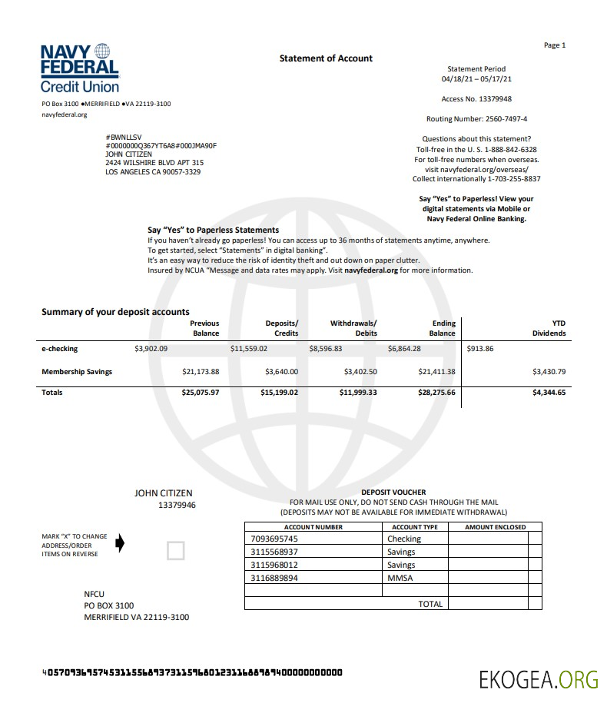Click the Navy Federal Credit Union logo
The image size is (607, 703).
[80, 68]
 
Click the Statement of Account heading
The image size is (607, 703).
[326, 58]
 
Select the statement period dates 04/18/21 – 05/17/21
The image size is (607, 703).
[476, 79]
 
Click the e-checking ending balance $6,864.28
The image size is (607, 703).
[404, 349]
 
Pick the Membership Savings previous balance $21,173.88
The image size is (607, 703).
[201, 372]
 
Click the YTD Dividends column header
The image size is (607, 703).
[549, 328]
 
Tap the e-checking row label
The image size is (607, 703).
[60, 349]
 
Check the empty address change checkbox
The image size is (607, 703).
[176, 550]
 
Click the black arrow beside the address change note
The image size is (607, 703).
[119, 544]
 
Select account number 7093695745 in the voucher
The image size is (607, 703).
[274, 539]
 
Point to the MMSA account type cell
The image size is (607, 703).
[400, 578]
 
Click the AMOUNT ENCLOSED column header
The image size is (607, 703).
[496, 527]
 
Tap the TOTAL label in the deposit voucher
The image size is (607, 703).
[430, 604]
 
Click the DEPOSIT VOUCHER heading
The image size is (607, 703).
[393, 492]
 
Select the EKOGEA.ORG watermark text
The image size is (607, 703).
[538, 679]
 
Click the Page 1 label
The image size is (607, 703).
[554, 45]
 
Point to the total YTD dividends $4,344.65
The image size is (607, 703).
[549, 393]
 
